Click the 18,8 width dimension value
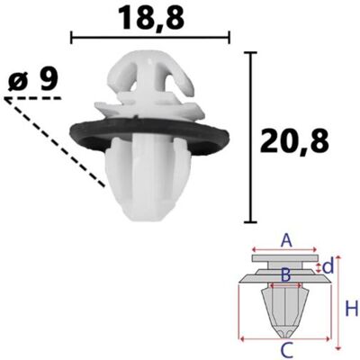point(151,18)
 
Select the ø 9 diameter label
point(33,80)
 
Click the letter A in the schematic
point(286,241)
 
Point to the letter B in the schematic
point(285,275)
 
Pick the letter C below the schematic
point(286,350)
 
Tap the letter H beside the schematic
point(352,310)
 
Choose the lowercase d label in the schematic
point(328,266)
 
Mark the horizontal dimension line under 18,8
point(150,37)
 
